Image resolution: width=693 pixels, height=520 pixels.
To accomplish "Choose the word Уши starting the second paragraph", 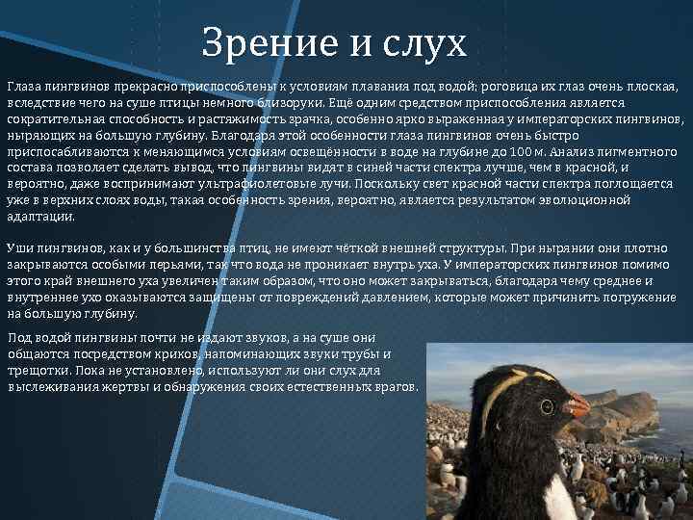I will (19, 247).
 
